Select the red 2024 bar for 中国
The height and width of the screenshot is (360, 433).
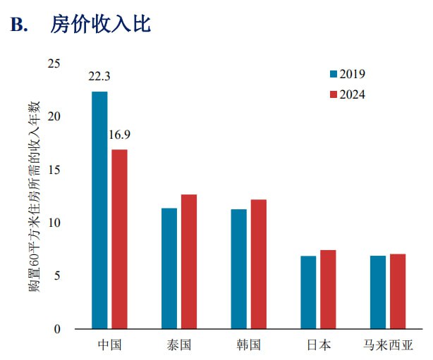tap(119, 239)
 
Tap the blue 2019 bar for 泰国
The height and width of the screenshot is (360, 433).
tap(169, 268)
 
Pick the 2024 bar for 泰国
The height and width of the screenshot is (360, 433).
tap(188, 261)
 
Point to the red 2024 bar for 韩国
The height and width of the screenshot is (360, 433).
tap(258, 264)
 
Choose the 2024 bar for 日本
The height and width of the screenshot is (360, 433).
tap(328, 290)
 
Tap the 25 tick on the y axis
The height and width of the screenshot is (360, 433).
tap(54, 63)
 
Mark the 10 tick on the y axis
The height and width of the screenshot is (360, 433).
tap(54, 223)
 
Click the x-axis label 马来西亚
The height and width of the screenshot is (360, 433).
tap(388, 345)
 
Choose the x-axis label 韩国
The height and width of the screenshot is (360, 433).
tap(249, 345)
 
